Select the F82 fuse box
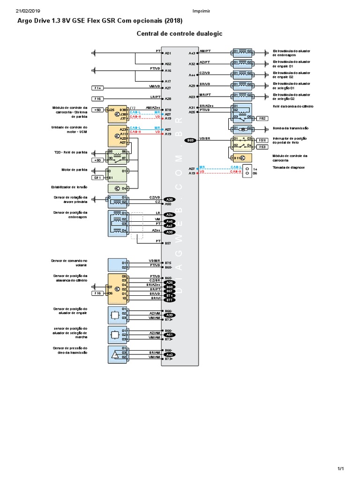(262, 119)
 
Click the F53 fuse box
(262, 147)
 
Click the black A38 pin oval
(170, 199)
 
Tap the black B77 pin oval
(170, 300)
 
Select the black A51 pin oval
(170, 335)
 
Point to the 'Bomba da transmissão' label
(289, 128)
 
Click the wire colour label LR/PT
(155, 97)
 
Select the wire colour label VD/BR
(205, 138)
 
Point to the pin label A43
(192, 53)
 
